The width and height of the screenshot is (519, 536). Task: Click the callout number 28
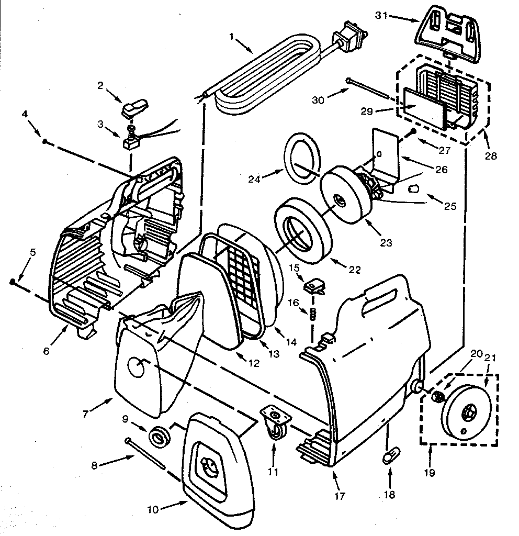pos(491,155)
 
